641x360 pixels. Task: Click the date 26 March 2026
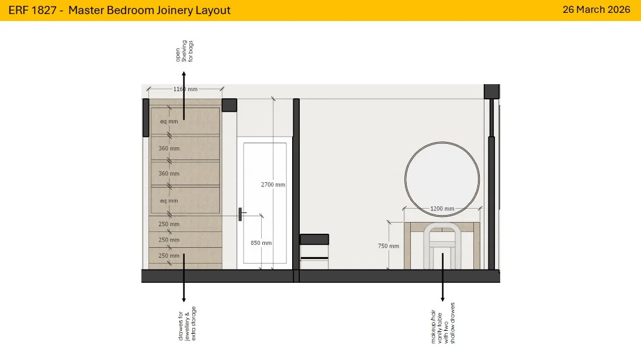click(x=596, y=9)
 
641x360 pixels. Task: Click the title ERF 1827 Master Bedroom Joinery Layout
click(x=119, y=11)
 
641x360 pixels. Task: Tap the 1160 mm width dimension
click(x=185, y=89)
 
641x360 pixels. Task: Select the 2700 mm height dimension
click(x=273, y=185)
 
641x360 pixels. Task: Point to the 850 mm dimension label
click(x=261, y=243)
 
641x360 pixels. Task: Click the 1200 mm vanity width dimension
click(x=442, y=209)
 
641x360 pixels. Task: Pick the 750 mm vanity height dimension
click(x=389, y=246)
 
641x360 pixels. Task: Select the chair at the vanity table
click(x=425, y=245)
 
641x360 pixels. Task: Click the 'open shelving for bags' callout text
click(x=185, y=51)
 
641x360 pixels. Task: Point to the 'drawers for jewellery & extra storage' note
click(x=187, y=324)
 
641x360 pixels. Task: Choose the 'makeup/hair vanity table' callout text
click(x=443, y=323)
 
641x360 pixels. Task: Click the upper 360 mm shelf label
click(x=169, y=148)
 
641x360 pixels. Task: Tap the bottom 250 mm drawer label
click(x=169, y=256)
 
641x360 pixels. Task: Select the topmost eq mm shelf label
click(x=169, y=122)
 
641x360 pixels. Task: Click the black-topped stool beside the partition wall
click(x=314, y=240)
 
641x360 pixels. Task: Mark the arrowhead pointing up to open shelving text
click(x=184, y=74)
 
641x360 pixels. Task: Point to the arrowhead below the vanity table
click(x=442, y=299)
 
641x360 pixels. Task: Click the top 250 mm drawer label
click(x=169, y=224)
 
